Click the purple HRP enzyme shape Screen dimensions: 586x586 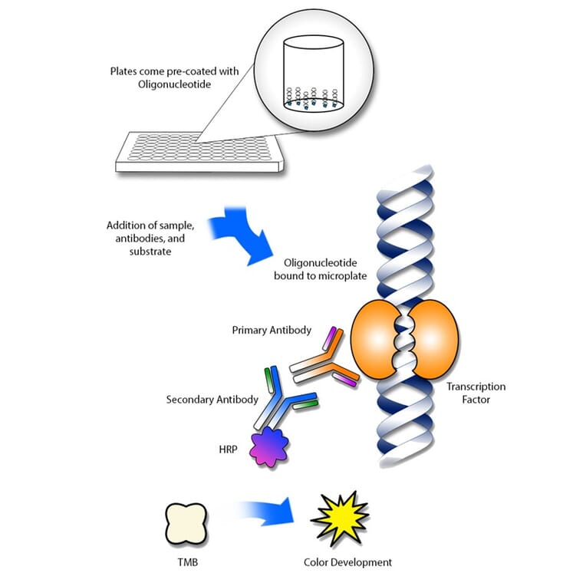click(268, 447)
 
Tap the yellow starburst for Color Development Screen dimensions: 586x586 click(340, 519)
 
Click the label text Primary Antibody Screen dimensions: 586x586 click(272, 330)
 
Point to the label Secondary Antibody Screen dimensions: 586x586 click(212, 400)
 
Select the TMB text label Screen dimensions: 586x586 click(186, 562)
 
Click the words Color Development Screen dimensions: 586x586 click(347, 562)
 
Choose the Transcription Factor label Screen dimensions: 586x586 click(476, 393)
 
